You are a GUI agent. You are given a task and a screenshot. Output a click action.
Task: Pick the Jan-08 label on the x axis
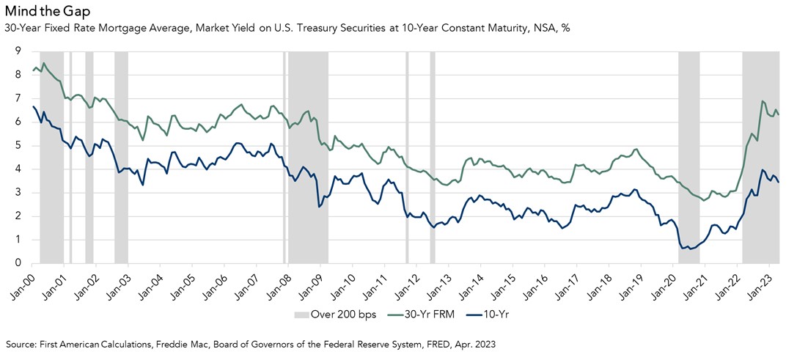[281, 284]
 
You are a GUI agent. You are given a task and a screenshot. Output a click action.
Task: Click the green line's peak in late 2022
[763, 101]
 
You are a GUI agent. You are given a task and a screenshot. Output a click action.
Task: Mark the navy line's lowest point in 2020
[684, 249]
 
